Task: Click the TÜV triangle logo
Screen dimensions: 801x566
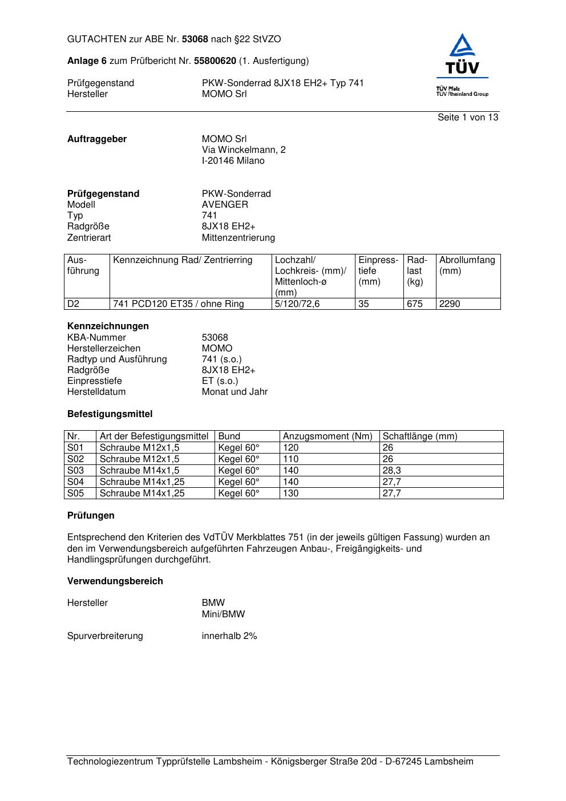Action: tap(463, 47)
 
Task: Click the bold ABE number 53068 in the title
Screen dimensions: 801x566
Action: tap(195, 39)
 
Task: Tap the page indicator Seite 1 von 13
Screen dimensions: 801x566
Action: tap(468, 118)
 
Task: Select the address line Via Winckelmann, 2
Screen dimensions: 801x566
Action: tap(244, 150)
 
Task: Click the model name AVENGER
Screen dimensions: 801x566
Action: tap(225, 205)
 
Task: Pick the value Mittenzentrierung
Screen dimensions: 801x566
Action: tap(238, 238)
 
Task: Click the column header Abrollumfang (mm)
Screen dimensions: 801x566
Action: tap(467, 265)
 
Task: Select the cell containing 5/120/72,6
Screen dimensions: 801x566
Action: tap(297, 304)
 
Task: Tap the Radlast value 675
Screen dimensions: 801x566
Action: tap(415, 304)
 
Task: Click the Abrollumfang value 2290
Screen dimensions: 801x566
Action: tap(449, 304)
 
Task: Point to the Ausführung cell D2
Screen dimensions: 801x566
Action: tap(74, 304)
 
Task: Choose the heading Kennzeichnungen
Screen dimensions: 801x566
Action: tap(108, 326)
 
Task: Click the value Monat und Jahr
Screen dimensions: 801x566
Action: tap(235, 392)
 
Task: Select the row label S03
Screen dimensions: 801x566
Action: tap(75, 471)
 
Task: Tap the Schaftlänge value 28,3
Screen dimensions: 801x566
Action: tap(391, 471)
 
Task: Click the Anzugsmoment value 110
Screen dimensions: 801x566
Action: tap(290, 459)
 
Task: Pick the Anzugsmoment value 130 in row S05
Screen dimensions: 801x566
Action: tap(290, 493)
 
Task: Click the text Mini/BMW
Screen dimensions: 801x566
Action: tap(223, 614)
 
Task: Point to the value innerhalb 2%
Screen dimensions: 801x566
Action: tap(229, 636)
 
